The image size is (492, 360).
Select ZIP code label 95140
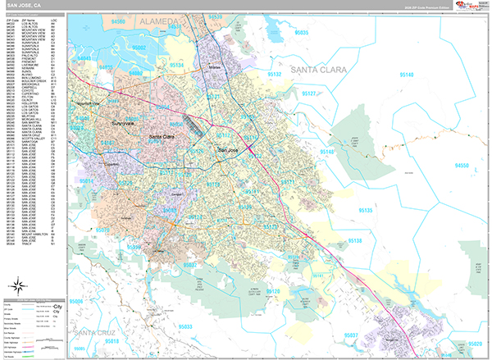point(406,74)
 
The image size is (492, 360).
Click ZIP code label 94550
point(463,165)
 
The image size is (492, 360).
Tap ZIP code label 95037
point(350,335)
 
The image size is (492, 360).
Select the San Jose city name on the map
point(228,150)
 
